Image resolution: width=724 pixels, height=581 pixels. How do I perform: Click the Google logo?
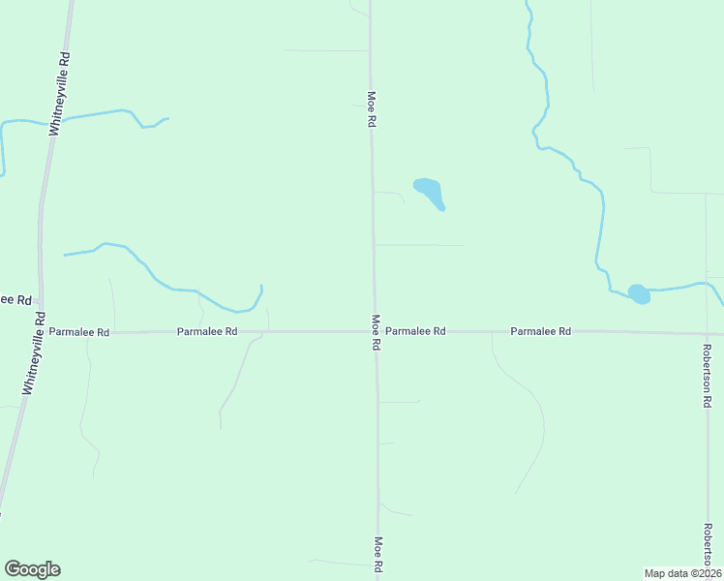click(33, 568)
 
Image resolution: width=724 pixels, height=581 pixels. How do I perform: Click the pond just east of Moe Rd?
click(429, 190)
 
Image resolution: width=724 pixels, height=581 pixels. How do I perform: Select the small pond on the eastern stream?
click(639, 293)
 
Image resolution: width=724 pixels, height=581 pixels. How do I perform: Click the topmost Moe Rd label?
click(371, 109)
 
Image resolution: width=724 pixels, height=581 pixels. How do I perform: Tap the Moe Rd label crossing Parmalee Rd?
click(375, 331)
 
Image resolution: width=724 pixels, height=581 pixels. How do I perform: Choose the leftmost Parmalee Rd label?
click(79, 332)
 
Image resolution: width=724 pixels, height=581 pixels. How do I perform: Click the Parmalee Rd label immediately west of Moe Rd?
click(207, 331)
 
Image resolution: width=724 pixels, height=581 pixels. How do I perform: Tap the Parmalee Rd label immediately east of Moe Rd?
click(415, 331)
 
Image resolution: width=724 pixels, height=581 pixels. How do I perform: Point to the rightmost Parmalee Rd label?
click(541, 331)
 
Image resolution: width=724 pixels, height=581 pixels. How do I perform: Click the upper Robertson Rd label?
click(708, 375)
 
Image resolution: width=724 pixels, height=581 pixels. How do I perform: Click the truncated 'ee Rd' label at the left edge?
click(16, 300)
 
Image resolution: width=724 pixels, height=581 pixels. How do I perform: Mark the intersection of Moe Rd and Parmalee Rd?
click(375, 331)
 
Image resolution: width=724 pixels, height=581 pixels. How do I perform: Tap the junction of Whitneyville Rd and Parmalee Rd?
click(40, 332)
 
